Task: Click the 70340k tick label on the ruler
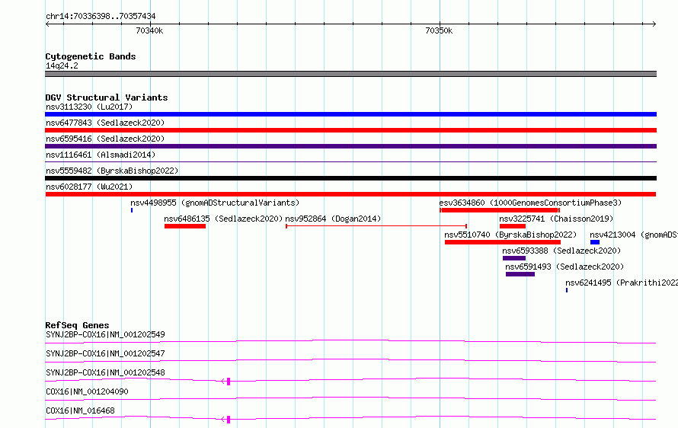tap(149, 30)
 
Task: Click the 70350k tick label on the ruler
tap(439, 30)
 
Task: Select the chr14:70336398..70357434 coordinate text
tap(101, 17)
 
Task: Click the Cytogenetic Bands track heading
tap(91, 56)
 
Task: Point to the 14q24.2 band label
tap(62, 65)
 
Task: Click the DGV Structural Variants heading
tap(107, 97)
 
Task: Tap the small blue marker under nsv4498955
tap(132, 210)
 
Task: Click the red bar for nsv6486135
tap(185, 226)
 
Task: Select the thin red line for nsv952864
tap(376, 226)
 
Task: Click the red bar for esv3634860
tap(500, 210)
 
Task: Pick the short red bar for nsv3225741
tap(513, 226)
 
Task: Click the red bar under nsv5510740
tap(503, 242)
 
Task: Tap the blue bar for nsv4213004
tap(595, 242)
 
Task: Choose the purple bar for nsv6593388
tap(514, 258)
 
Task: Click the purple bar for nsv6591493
tap(520, 274)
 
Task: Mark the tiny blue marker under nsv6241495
tap(567, 290)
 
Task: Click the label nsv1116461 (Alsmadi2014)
tap(101, 155)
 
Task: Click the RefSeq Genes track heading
tap(77, 325)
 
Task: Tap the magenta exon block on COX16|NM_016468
tap(229, 420)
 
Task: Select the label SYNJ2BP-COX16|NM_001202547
tap(105, 353)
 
